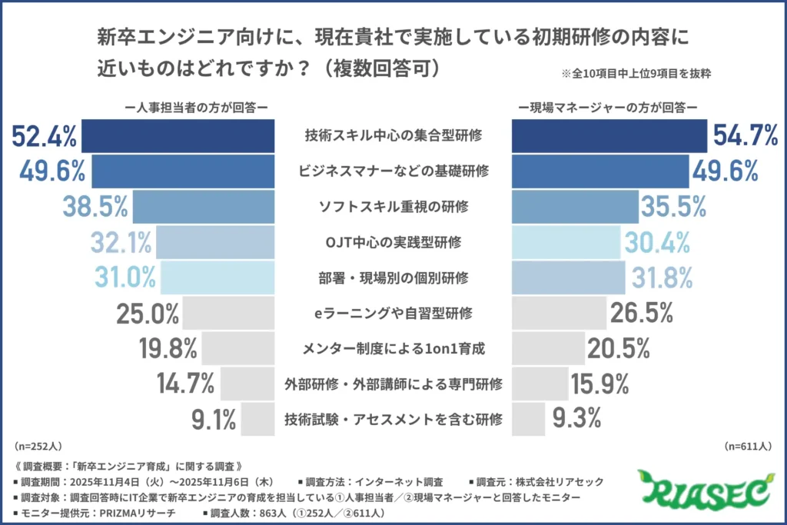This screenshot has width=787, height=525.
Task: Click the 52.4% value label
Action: tap(45, 136)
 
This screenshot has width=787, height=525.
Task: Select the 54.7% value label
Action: tap(745, 136)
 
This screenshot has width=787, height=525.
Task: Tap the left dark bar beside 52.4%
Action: tap(178, 136)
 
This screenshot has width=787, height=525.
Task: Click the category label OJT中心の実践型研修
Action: tap(393, 242)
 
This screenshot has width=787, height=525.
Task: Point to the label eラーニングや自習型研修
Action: tap(393, 313)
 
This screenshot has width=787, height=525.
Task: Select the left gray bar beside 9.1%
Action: tap(257, 419)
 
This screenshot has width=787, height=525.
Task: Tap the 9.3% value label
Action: tap(578, 419)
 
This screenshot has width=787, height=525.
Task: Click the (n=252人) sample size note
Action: tap(38, 446)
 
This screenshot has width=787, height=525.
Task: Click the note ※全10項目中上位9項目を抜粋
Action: tap(634, 75)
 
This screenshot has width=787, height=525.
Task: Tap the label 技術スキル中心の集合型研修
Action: tap(393, 136)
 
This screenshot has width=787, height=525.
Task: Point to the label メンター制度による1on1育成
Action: tap(393, 348)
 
